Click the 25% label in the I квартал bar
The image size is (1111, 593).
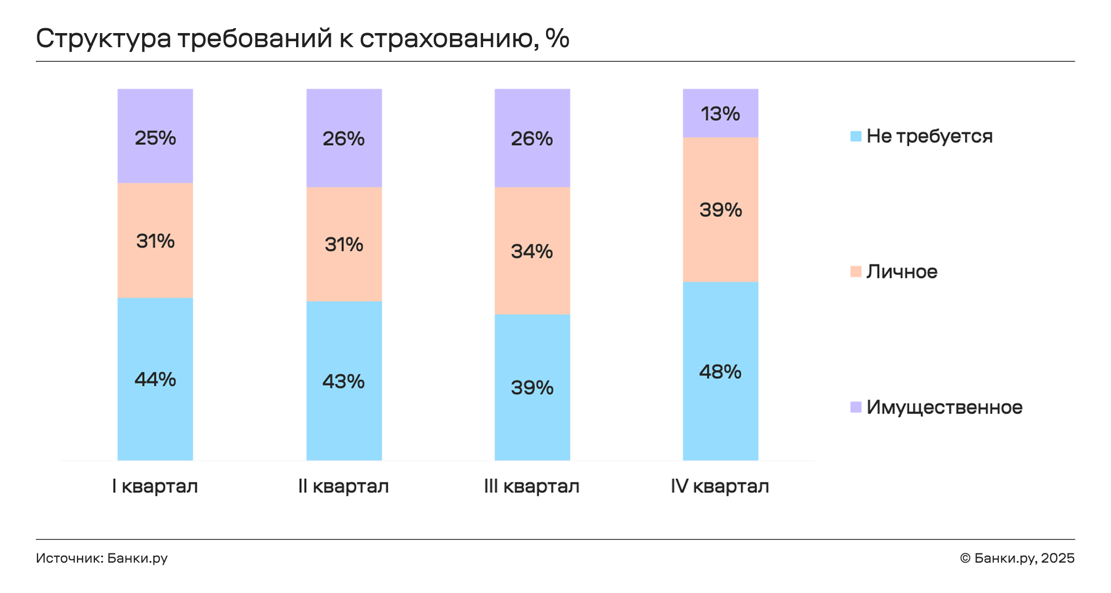pos(155,138)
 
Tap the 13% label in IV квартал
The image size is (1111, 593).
pos(720,114)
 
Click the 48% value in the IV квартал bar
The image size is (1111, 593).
pos(720,372)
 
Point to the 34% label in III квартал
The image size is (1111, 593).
pos(531,252)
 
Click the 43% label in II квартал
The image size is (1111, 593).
pos(343,382)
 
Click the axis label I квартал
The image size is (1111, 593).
pos(155,486)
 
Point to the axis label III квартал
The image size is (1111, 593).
pos(531,486)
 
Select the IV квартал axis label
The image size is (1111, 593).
pos(720,486)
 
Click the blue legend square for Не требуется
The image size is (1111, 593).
pos(856,136)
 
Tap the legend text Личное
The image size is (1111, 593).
pos(902,272)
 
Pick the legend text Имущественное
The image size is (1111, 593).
pos(944,407)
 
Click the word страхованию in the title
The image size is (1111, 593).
pos(448,38)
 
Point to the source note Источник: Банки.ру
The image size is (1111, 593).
pos(101,558)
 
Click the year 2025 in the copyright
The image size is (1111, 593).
pos(1057,558)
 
